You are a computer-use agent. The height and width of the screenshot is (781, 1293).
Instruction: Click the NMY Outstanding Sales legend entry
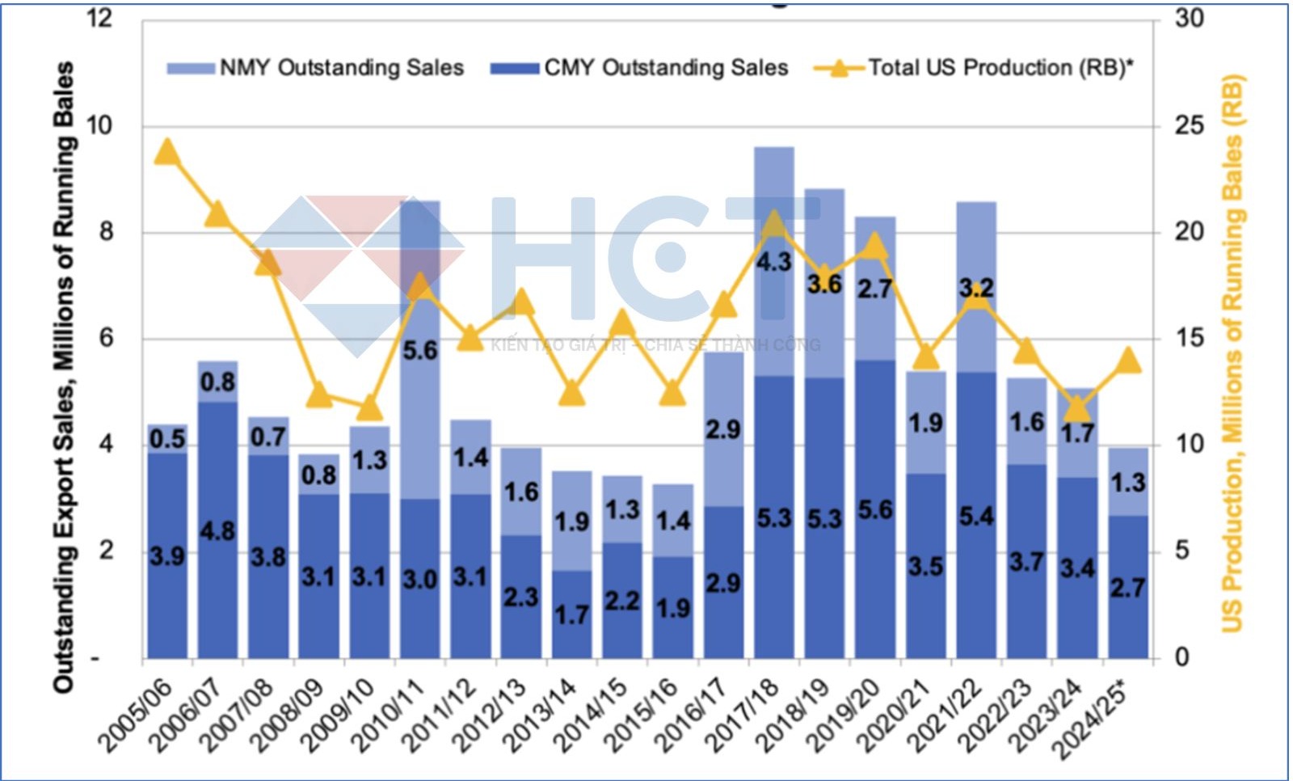[315, 68]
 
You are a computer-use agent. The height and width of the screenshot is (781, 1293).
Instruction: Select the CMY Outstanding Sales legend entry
[639, 68]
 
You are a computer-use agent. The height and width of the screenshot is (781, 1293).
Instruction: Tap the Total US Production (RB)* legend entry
[974, 68]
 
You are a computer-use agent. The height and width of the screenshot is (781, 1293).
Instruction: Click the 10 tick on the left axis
[100, 125]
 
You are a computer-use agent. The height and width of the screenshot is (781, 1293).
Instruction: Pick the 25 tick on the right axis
[1189, 125]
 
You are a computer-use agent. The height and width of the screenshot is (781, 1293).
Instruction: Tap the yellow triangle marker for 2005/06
[167, 151]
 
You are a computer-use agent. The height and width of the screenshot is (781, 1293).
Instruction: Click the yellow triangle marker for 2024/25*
[1128, 360]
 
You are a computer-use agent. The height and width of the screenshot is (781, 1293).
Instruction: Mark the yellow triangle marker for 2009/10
[369, 407]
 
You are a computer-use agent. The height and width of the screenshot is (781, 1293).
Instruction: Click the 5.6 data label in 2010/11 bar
[420, 350]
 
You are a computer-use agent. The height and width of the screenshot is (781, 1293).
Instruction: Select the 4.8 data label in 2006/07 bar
[217, 531]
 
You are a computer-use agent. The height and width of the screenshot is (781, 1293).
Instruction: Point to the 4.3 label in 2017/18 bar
[773, 261]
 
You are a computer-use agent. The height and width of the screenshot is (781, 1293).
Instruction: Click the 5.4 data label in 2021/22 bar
[976, 515]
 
